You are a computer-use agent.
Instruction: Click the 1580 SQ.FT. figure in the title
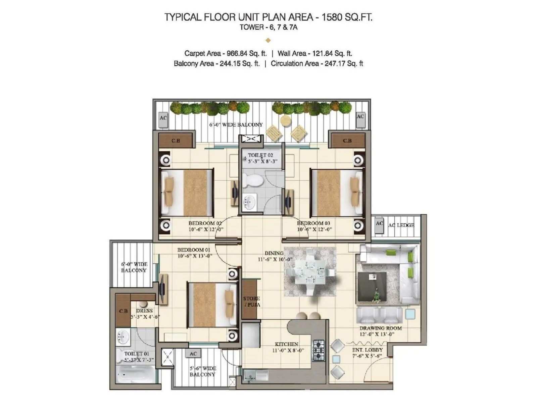pyautogui.click(x=347, y=17)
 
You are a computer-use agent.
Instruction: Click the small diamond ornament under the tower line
pyautogui.click(x=268, y=40)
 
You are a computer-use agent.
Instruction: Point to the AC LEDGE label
pyautogui.click(x=401, y=225)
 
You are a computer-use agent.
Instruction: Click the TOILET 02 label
pyautogui.click(x=260, y=155)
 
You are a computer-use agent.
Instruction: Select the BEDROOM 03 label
pyautogui.click(x=313, y=223)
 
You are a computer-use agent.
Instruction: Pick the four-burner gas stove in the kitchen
pyautogui.click(x=319, y=350)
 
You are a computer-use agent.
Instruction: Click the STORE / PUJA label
pyautogui.click(x=252, y=301)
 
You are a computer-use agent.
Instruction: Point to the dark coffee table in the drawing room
pyautogui.click(x=372, y=286)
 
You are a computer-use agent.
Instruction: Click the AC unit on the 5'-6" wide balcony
pyautogui.click(x=193, y=354)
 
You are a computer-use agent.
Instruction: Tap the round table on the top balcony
pyautogui.click(x=285, y=121)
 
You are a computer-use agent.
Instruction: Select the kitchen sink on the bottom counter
pyautogui.click(x=256, y=375)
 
